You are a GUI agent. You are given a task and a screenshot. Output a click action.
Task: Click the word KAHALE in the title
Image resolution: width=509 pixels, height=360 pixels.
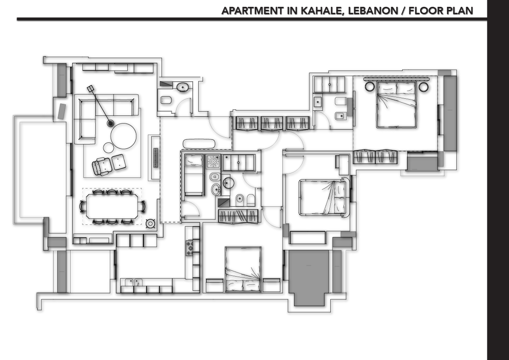(321, 11)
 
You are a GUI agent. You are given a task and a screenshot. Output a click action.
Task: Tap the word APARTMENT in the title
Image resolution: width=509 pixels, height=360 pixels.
(253, 11)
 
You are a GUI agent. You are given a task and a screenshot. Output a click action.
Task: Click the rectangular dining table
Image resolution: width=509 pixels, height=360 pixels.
(112, 207)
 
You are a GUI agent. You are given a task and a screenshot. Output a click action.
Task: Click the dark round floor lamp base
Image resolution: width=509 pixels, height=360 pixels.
(110, 124)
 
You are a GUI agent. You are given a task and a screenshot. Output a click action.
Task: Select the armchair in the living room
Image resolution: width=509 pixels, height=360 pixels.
(102, 166)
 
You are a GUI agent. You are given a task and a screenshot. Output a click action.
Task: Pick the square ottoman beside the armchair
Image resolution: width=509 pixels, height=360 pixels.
(119, 162)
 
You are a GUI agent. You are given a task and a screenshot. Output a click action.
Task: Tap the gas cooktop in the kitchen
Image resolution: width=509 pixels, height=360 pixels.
(189, 248)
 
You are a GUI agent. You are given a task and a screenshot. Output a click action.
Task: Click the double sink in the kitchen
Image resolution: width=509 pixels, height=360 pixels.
(134, 283)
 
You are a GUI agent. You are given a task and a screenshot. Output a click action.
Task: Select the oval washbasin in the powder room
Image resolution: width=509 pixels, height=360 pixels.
(183, 87)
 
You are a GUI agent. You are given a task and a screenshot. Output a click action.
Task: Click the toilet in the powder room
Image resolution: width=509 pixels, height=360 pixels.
(166, 100)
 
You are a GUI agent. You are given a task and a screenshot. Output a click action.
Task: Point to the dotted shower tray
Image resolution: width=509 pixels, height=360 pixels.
(213, 161)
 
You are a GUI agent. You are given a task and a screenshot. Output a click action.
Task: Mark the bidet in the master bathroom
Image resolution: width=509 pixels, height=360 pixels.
(340, 115)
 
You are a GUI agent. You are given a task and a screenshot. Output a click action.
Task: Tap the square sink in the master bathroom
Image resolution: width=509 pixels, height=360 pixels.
(317, 102)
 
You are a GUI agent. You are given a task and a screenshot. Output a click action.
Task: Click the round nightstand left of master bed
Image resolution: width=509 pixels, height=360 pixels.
(370, 87)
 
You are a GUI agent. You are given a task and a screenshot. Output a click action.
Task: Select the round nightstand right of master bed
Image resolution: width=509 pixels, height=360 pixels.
(424, 87)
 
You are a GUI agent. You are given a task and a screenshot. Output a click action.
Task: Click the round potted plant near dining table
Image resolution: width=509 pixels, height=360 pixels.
(150, 223)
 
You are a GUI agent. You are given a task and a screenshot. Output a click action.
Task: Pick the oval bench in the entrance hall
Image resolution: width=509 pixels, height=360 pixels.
(199, 144)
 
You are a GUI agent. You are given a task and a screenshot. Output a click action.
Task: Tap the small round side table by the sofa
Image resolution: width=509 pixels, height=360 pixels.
(109, 148)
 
